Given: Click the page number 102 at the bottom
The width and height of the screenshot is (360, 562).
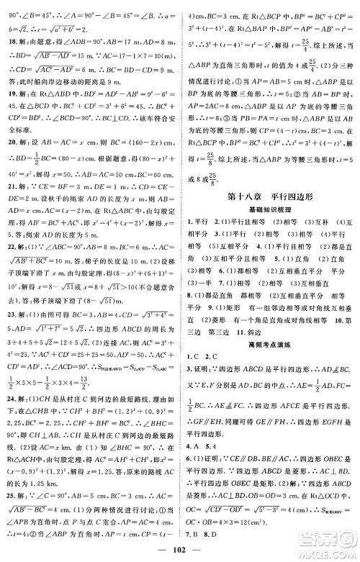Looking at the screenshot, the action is (x=179, y=550).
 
